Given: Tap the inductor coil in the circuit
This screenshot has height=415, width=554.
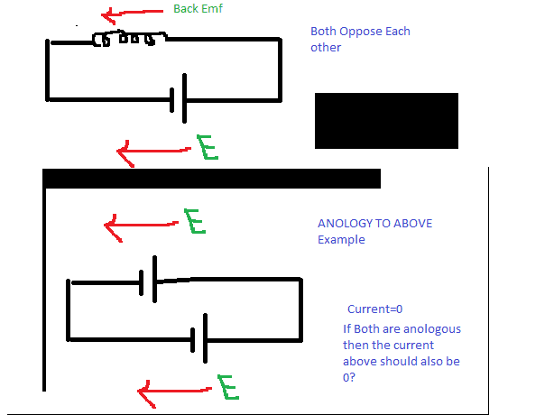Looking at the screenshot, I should (130, 40).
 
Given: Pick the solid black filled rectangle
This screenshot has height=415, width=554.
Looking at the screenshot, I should (386, 120).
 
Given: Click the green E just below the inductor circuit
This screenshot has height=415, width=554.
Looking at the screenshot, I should (208, 147).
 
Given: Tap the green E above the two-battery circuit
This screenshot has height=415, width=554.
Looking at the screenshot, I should (195, 222).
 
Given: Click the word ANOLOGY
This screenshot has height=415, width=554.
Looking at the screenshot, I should (346, 224).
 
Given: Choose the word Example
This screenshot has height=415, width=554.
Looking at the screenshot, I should (341, 240).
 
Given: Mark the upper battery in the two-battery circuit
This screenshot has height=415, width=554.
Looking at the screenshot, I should (149, 280).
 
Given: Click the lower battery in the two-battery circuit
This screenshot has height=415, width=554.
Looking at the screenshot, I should (200, 339).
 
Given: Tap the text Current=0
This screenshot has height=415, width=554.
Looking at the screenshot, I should (375, 309).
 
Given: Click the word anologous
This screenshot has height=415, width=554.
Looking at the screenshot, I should (429, 328).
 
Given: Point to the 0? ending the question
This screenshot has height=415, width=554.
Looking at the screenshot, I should (349, 377).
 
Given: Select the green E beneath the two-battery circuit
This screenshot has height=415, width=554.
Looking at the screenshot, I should (227, 388).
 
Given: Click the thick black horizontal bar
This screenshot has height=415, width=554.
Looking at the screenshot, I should (212, 179).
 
